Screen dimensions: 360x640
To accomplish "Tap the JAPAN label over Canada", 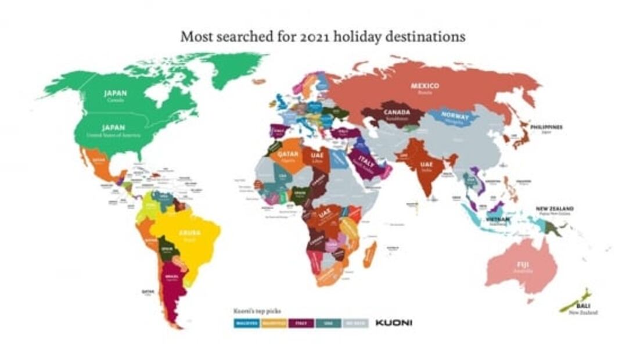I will (x=115, y=93).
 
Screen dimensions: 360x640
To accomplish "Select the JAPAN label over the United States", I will (x=113, y=127).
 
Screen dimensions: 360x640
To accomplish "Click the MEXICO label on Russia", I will (x=425, y=86).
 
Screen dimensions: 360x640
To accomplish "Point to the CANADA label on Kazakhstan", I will (x=397, y=113).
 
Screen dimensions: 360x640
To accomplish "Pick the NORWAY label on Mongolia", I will (x=455, y=116).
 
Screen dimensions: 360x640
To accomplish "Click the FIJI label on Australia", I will (x=522, y=264).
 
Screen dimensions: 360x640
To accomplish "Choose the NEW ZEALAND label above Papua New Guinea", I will (x=555, y=208).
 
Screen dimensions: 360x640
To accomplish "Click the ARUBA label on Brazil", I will (x=189, y=232).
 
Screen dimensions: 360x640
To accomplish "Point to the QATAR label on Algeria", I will (x=289, y=154).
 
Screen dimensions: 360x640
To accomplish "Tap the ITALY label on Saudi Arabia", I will (x=366, y=158).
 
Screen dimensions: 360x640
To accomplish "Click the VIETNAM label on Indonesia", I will (x=498, y=219).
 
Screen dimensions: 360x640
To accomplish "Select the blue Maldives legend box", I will (x=246, y=322).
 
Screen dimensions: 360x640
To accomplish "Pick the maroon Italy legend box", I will (x=301, y=322).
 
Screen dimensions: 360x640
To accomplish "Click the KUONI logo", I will (x=393, y=322).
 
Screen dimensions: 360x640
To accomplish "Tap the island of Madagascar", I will (x=370, y=255).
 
